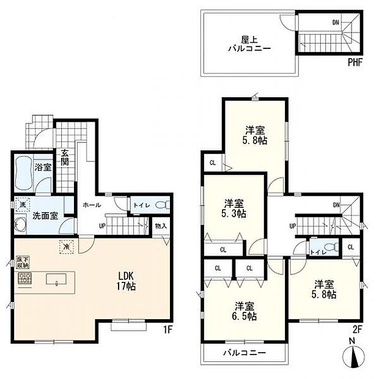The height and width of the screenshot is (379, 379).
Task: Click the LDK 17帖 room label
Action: tap(127, 281)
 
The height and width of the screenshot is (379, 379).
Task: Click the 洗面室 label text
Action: tap(45, 215)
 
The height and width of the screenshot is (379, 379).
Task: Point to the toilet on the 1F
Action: tap(160, 205)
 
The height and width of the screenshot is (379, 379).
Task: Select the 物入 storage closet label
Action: tap(161, 226)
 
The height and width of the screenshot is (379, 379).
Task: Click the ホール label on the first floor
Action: tap(92, 205)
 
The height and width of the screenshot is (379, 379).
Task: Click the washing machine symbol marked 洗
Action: tap(23, 205)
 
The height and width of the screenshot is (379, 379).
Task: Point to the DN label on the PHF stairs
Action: tap(336, 23)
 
